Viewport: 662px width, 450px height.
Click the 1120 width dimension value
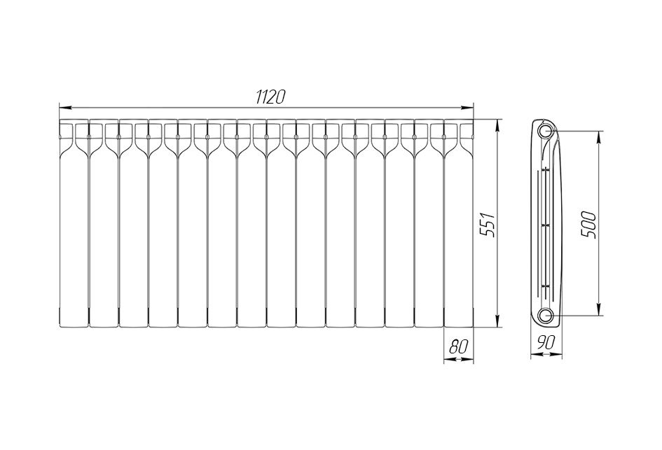[x=270, y=97]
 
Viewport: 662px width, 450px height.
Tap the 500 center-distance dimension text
[x=589, y=225]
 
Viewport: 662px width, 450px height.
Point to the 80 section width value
[x=459, y=347]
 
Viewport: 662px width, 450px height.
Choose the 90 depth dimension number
[x=546, y=343]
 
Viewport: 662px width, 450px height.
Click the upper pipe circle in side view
[x=546, y=131]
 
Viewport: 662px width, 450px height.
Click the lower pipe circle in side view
[x=546, y=315]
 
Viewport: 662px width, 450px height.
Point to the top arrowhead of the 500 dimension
[x=599, y=136]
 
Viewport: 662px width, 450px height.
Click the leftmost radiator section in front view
[x=74, y=223]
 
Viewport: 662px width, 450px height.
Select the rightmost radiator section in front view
[x=459, y=223]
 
